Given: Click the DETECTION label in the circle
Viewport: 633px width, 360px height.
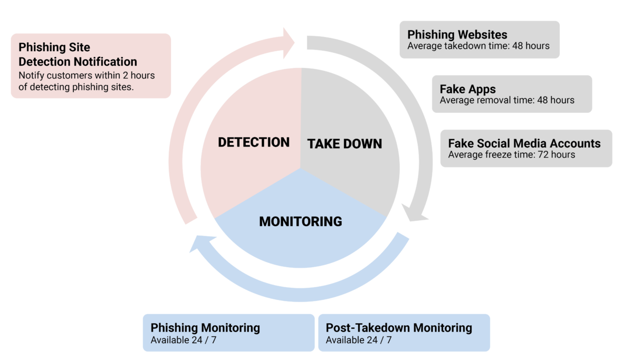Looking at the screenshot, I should tap(254, 142).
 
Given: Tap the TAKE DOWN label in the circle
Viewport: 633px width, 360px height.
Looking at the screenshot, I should tap(344, 144).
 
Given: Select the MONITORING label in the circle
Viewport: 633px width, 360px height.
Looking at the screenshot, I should tap(300, 221).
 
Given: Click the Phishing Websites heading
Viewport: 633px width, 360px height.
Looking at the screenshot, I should tap(457, 35).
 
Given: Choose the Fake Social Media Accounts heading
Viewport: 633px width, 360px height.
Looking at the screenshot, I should tap(524, 143).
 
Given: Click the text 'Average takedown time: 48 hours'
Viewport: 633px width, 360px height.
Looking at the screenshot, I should tap(478, 46).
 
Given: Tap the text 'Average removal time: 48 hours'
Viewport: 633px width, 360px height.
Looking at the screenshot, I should tap(507, 100).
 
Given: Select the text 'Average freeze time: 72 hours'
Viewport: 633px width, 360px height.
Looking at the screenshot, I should tap(511, 154).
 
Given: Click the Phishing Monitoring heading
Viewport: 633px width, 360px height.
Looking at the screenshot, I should tap(205, 328).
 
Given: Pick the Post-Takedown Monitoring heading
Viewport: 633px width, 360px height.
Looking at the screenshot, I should tap(399, 328).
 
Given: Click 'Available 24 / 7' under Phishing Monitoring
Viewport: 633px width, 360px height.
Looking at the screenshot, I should tap(184, 340).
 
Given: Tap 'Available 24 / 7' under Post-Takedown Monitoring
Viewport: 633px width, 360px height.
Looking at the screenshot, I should tap(359, 340).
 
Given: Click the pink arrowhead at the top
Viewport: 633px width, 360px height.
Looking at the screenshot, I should tap(290, 42).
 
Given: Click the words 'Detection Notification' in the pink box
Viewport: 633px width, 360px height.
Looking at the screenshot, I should tap(78, 62).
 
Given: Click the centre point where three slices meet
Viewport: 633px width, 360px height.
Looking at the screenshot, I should tap(301, 169).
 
